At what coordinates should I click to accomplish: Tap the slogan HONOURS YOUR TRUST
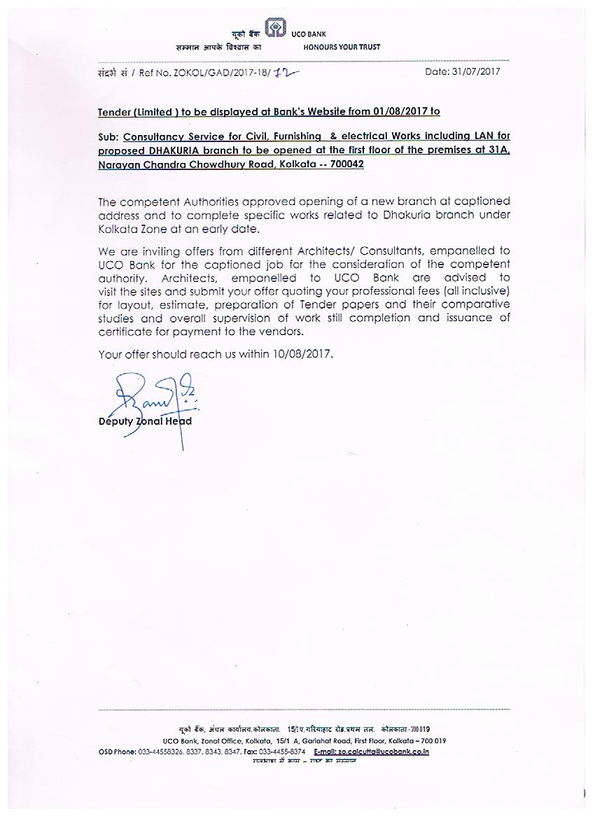point(342,48)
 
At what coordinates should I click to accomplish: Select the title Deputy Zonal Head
point(145,421)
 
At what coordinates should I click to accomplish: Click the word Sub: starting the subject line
point(108,136)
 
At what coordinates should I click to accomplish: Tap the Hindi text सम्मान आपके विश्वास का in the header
point(218,48)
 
